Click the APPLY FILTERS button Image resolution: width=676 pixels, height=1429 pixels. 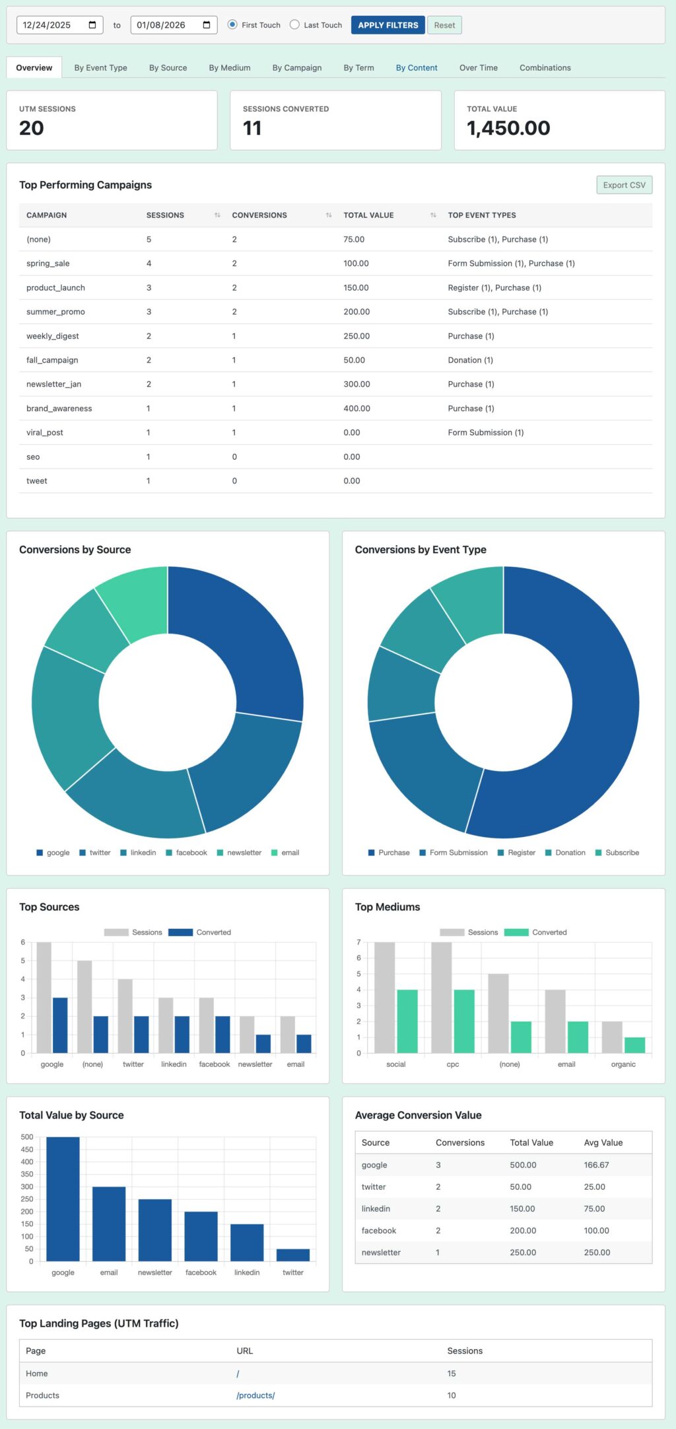(388, 25)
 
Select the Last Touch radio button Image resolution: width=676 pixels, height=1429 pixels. (295, 25)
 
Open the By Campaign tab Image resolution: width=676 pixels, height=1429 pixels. (296, 67)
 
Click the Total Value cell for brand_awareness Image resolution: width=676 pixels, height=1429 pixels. (356, 408)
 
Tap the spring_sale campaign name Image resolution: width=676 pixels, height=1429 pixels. (48, 263)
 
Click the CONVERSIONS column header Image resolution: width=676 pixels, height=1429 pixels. (259, 215)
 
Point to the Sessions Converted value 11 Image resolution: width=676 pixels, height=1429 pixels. (252, 128)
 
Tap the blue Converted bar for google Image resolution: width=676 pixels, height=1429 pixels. (60, 1025)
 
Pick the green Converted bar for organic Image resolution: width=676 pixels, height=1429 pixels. (634, 1044)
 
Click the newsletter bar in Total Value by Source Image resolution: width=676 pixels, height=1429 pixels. (155, 1229)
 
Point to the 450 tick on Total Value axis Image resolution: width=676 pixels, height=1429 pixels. (27, 1150)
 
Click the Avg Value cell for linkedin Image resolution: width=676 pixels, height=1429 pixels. (594, 1208)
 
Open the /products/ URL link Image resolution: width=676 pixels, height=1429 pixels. (255, 1395)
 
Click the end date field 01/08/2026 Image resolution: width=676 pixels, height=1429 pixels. (165, 25)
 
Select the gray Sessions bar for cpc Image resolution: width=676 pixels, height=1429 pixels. (442, 997)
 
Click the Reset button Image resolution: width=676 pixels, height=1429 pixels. (444, 25)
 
